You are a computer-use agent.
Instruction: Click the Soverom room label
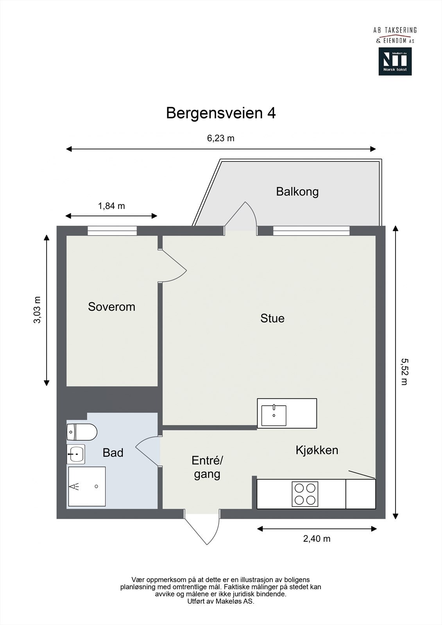pos(111,307)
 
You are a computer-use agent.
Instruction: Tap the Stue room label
pos(272,318)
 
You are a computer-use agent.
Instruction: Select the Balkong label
pos(297,192)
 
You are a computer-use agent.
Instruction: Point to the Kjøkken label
pos(317,450)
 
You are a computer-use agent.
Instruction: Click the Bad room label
pos(113,453)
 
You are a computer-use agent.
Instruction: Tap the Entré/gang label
pos(207,467)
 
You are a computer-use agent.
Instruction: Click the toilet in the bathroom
pos(82,432)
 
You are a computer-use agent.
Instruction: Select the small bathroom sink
pos(76,454)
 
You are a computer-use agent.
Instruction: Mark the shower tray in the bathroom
pos(87,486)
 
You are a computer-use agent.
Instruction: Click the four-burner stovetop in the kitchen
pos(305,494)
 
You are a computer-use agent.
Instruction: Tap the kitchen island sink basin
pos(274,415)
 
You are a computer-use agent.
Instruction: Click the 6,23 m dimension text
pos(221,138)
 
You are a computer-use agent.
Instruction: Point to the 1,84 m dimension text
pos(111,206)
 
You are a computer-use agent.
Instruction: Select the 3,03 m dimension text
pos(37,310)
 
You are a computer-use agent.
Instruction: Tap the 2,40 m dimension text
pos(317,539)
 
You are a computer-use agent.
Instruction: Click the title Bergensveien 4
pos(221,113)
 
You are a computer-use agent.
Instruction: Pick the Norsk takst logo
pos(395,61)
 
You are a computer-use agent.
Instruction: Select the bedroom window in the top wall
pos(112,231)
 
